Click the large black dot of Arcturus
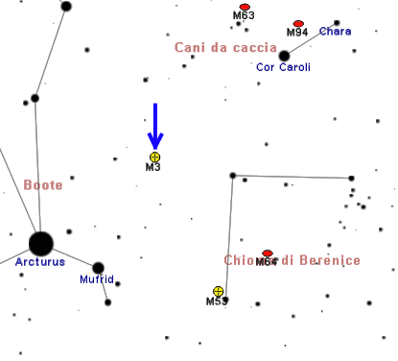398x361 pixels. [x=41, y=244]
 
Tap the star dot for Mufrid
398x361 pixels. [x=98, y=268]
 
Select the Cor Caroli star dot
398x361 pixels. [x=284, y=56]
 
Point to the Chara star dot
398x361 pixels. [x=337, y=23]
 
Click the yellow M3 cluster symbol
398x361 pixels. [x=154, y=157]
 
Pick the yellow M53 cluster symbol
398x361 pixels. [x=219, y=292]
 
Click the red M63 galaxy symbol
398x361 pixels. [x=245, y=7]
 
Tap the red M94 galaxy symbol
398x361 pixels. [x=298, y=24]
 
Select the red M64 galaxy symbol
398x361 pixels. [x=268, y=253]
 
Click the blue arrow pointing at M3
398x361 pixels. [x=155, y=126]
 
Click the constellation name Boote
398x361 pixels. [x=43, y=185]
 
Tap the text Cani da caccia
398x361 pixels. [x=225, y=48]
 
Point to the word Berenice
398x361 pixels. [x=330, y=260]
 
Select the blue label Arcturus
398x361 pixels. [x=40, y=262]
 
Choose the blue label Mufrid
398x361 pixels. [x=97, y=279]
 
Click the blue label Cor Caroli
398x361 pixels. [x=283, y=67]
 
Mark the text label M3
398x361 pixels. [x=152, y=167]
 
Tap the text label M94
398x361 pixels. [x=297, y=33]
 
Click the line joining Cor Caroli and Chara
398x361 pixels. [x=311, y=39]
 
